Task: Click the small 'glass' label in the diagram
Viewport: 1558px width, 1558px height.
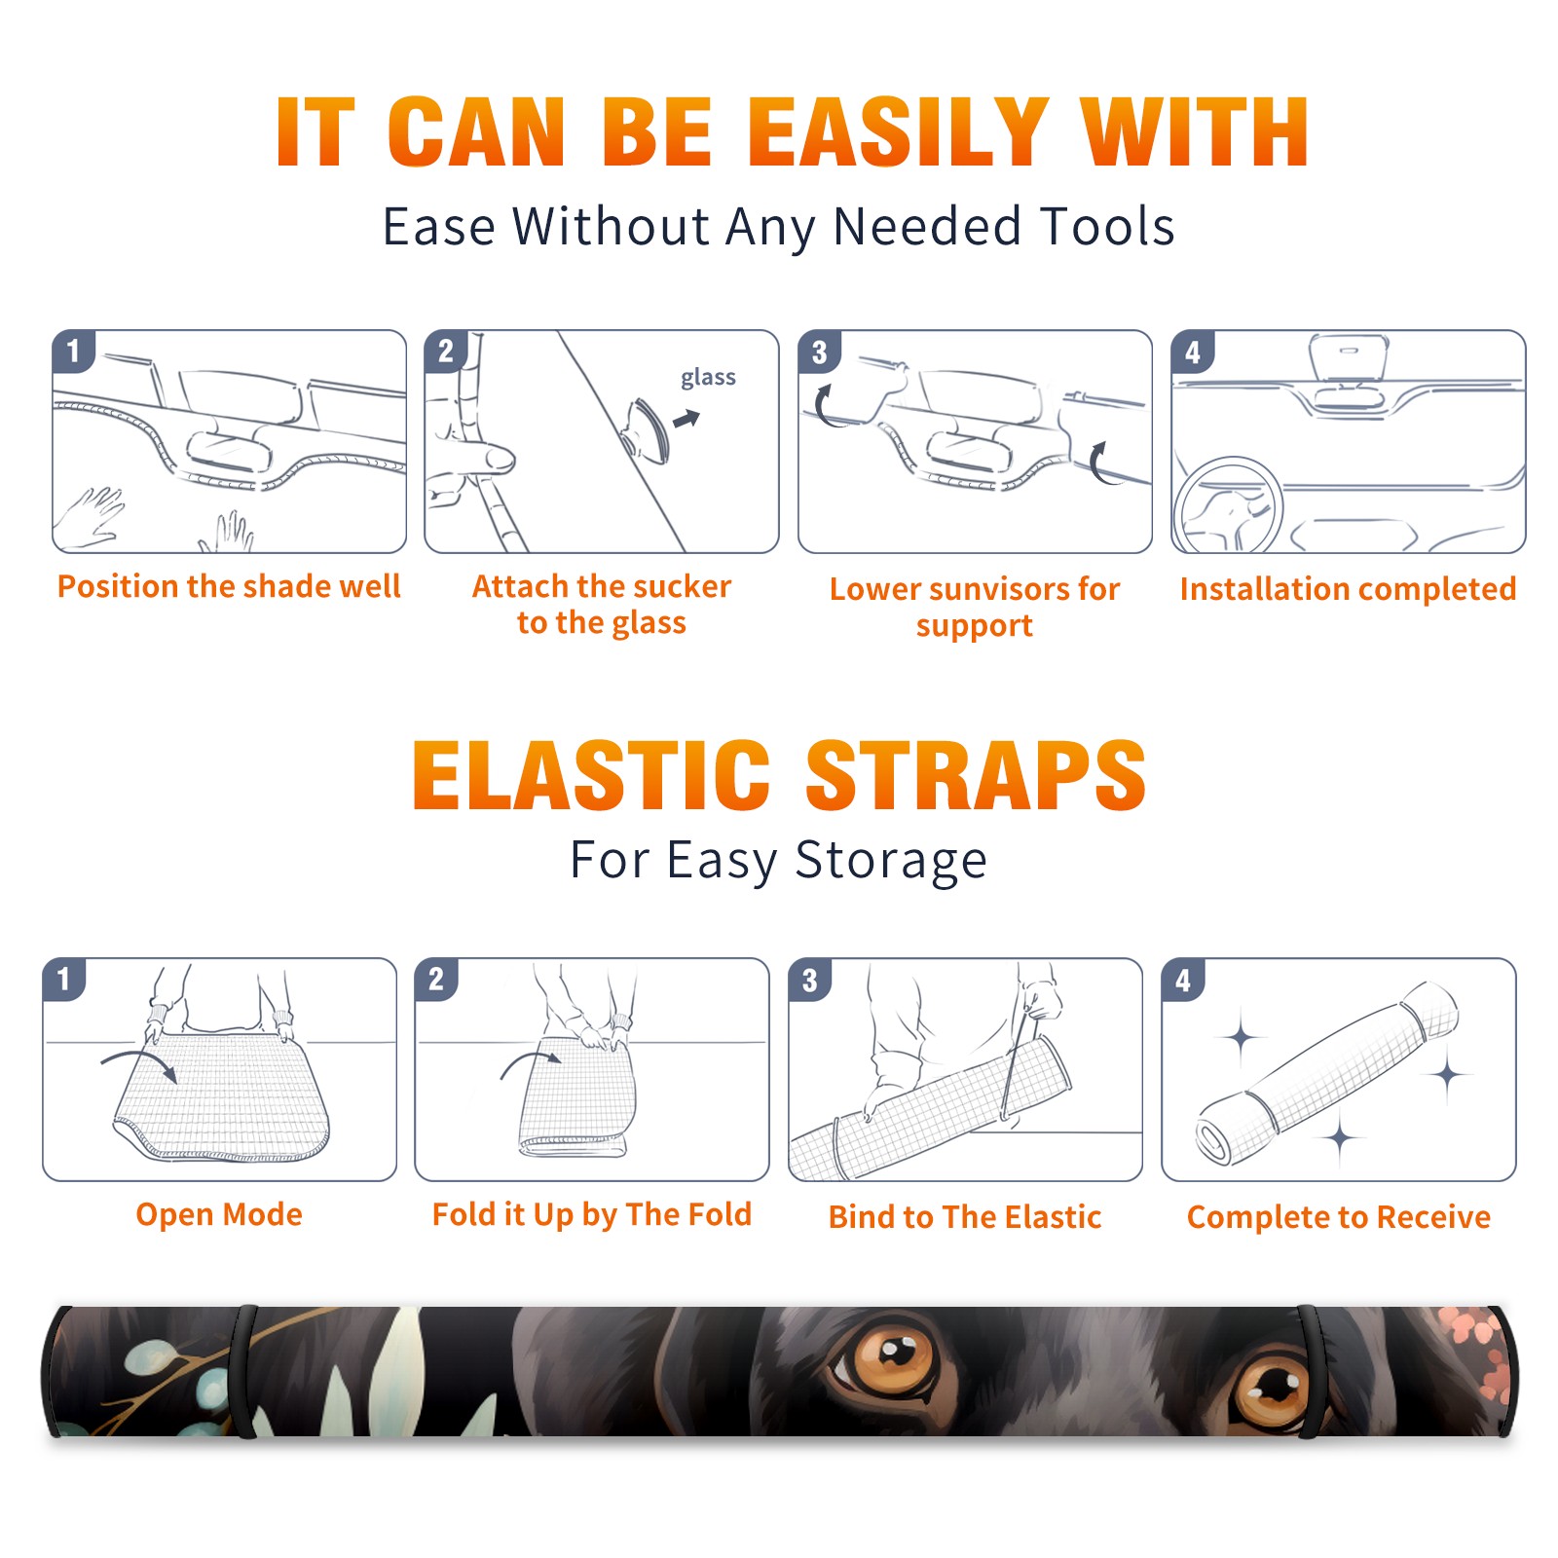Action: click(708, 378)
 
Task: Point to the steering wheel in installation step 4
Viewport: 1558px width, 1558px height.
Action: click(1229, 506)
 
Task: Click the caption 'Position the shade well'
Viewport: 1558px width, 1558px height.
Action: click(229, 586)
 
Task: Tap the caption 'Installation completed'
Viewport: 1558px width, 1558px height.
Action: click(1348, 588)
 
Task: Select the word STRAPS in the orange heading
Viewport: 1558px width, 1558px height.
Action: click(976, 775)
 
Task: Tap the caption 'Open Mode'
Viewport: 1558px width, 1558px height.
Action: click(219, 1214)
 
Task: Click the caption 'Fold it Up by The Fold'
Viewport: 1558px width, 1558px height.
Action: click(592, 1214)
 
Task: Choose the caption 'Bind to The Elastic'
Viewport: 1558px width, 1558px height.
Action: click(965, 1217)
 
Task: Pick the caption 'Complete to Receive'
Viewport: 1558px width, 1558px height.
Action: click(1339, 1217)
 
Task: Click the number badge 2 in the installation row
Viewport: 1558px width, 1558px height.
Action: click(446, 351)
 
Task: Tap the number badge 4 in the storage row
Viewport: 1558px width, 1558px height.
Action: click(1183, 980)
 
